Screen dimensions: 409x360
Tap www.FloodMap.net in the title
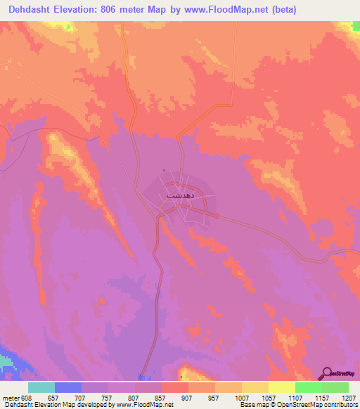[x=222, y=10]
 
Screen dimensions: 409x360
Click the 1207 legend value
[x=347, y=397]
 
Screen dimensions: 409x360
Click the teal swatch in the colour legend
[x=41, y=387]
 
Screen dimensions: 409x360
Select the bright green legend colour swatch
[x=308, y=387]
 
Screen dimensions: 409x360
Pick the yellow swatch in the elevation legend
[x=255, y=387]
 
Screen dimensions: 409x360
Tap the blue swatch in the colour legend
[x=68, y=387]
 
